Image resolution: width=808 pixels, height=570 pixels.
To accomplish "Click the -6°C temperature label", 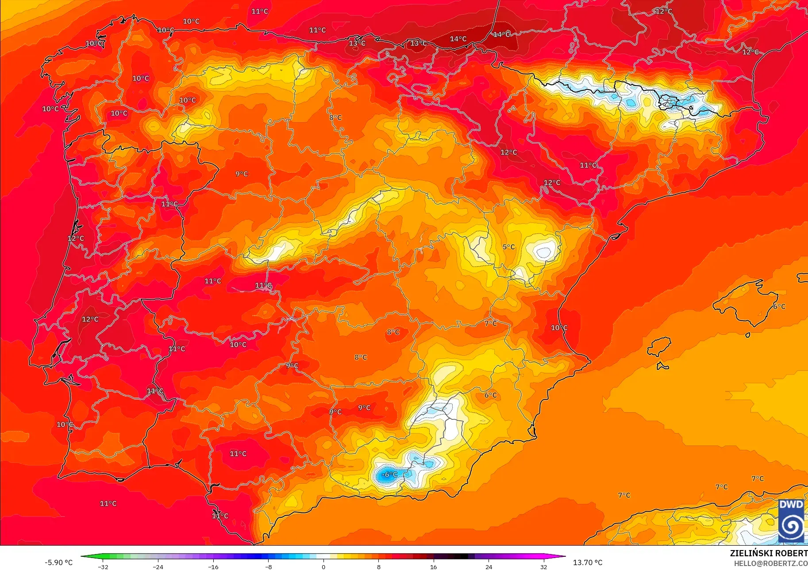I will click(389, 474).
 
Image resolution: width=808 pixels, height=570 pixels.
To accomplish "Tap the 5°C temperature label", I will click(508, 247).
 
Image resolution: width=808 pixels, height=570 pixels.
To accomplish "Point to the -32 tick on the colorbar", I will click(103, 566).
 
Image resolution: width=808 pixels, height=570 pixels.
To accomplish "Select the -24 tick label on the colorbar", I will click(158, 566).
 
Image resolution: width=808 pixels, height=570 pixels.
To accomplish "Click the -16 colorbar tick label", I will click(213, 566).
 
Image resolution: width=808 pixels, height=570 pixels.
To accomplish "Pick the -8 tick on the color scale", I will click(268, 566).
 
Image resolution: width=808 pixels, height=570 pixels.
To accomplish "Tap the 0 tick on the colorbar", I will click(323, 566).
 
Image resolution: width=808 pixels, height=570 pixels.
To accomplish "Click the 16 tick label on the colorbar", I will click(433, 566).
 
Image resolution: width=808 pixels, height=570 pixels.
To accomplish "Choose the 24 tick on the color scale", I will click(489, 566).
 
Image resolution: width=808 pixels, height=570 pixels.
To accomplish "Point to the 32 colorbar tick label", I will click(543, 566).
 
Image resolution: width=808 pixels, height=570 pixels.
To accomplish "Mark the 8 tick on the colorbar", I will click(378, 566).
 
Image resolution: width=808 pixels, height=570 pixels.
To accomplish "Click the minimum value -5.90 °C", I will click(58, 562).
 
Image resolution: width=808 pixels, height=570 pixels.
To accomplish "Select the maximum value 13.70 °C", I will click(588, 562).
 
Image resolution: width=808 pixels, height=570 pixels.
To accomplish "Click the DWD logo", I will click(791, 521).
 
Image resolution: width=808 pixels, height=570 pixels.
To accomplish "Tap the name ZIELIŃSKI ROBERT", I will click(768, 553).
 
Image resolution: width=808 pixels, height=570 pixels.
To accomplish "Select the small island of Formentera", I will click(662, 366).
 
